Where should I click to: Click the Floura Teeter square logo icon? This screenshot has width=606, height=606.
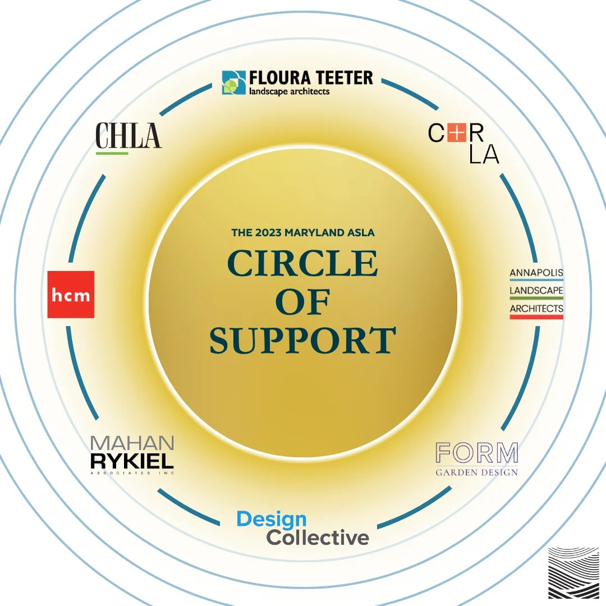234,82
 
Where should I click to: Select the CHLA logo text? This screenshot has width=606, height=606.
128,135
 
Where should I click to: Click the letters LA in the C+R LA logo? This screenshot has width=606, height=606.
484,155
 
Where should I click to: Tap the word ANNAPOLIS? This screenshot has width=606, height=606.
536,273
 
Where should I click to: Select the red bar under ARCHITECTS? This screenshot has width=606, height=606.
536,317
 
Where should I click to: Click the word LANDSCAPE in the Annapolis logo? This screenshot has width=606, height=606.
536,291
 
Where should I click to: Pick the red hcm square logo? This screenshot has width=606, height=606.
71,295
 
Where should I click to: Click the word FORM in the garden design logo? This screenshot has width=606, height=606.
477,453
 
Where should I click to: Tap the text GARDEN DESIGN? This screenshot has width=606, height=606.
477,472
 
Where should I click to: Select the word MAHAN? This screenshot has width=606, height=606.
132,443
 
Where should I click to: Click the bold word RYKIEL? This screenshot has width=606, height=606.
132,461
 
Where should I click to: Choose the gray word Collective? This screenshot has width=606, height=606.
318,538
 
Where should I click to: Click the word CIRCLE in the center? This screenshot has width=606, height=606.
302,263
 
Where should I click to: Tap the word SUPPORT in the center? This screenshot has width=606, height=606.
303,341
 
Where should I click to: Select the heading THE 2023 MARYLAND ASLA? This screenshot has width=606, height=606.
303,232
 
